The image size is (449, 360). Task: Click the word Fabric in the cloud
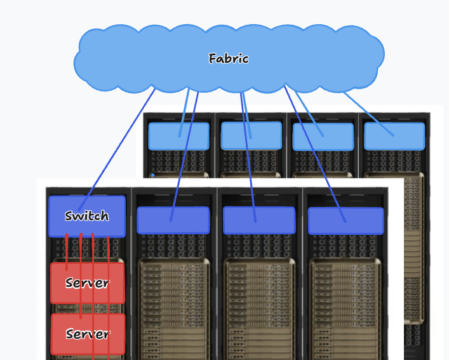click(228, 59)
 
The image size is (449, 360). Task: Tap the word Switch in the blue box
click(87, 217)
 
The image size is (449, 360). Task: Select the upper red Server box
click(88, 283)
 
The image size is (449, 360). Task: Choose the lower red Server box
click(88, 334)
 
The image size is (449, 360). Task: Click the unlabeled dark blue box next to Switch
click(173, 220)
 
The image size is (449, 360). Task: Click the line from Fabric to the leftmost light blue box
click(184, 111)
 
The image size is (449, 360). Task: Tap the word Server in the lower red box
click(88, 334)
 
